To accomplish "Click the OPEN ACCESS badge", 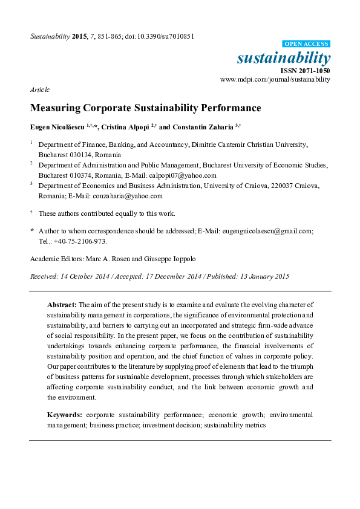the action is point(307,44).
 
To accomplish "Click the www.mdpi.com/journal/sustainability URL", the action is point(275,79).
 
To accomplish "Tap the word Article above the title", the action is point(39,89).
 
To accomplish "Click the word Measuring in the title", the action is point(56,109).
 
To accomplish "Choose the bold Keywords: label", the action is point(65,415).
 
